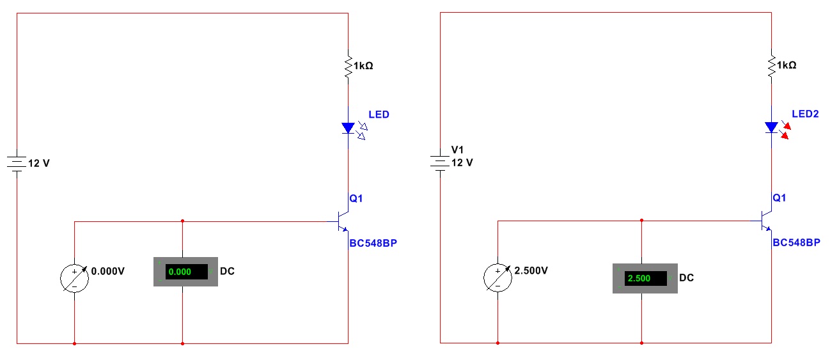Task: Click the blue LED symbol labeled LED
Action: (x=348, y=128)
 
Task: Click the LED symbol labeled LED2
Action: (x=772, y=127)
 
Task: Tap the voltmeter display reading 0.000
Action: (x=186, y=272)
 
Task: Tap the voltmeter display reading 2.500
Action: (x=645, y=278)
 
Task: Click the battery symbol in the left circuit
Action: (x=17, y=163)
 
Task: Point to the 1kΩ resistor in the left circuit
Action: (x=348, y=66)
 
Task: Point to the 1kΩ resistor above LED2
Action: (x=772, y=66)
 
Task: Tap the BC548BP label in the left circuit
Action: (x=377, y=243)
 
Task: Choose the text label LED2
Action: (x=805, y=114)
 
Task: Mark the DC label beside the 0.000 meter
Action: (x=227, y=271)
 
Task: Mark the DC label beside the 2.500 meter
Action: (x=686, y=278)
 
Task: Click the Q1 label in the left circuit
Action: (x=356, y=198)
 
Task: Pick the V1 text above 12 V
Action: (x=457, y=150)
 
